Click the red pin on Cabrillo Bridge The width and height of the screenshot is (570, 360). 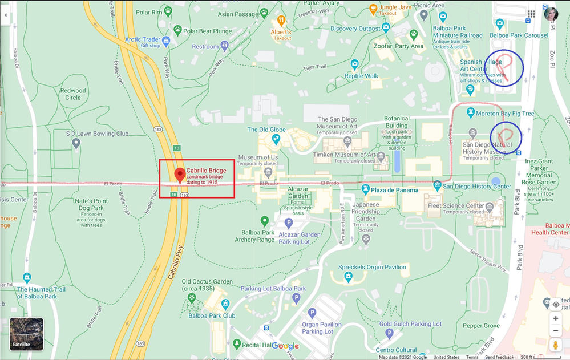(180, 175)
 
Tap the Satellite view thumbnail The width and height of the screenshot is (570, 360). (26, 334)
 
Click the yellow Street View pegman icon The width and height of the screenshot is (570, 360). (555, 345)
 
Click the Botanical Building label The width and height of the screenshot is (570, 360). (397, 122)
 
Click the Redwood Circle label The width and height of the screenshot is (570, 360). (73, 94)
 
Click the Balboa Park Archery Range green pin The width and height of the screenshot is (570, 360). (265, 221)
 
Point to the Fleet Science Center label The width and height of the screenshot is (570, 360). (463, 205)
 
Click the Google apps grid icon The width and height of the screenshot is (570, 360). (531, 14)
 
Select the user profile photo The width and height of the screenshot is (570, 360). (551, 14)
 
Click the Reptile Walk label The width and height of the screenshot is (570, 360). (361, 76)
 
